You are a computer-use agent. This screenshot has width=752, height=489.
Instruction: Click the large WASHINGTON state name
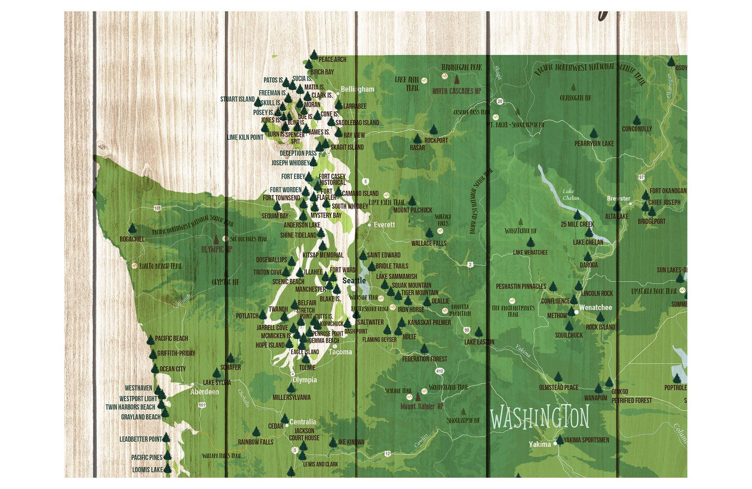tap(539, 417)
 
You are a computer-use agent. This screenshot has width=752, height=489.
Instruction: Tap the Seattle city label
tap(354, 281)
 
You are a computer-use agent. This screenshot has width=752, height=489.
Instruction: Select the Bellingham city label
tap(357, 89)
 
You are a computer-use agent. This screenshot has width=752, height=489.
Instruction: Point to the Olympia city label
tap(304, 380)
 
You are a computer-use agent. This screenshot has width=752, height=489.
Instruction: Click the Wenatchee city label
tap(595, 308)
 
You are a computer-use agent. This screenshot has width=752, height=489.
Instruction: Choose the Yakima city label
tap(539, 444)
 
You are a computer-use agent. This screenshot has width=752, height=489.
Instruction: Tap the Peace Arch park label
tap(332, 59)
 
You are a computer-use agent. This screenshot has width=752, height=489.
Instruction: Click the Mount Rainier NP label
tap(421, 407)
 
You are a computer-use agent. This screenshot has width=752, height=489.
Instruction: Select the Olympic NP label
tap(217, 249)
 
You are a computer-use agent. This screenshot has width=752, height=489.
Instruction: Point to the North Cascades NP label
tap(456, 91)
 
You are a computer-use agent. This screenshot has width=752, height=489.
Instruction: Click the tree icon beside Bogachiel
tap(132, 229)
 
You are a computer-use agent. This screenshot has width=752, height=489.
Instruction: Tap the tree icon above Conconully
tap(637, 120)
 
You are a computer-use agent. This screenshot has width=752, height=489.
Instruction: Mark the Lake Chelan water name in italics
tap(570, 195)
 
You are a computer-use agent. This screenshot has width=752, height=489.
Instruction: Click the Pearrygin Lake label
tap(594, 144)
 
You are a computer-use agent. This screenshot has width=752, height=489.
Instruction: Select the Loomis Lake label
tap(147, 470)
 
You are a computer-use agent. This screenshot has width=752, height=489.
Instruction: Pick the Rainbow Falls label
tap(255, 442)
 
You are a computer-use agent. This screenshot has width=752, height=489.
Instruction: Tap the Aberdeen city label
tap(205, 392)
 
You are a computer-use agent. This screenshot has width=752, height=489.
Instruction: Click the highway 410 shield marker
tap(440, 371)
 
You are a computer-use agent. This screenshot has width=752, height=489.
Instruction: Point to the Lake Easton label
tap(479, 342)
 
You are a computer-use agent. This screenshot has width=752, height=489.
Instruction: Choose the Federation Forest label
tap(424, 359)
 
